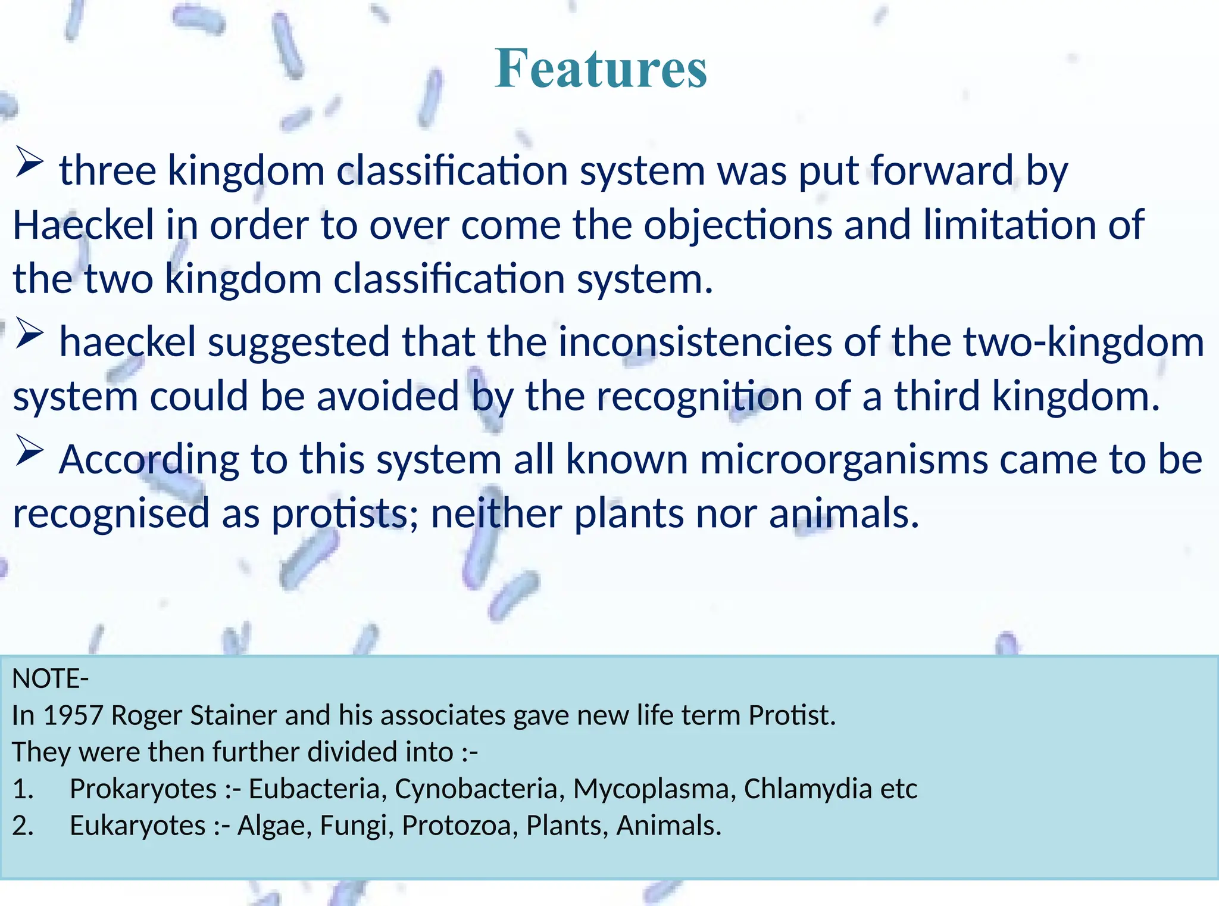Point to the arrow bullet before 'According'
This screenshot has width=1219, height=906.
pyautogui.click(x=29, y=451)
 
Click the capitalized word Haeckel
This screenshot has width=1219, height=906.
pyautogui.click(x=83, y=225)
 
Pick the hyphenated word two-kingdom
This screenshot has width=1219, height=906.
pyautogui.click(x=1083, y=343)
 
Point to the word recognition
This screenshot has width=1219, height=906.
pyautogui.click(x=699, y=397)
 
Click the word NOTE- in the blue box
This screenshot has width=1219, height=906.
pyautogui.click(x=51, y=679)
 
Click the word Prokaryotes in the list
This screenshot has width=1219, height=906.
pyautogui.click(x=143, y=789)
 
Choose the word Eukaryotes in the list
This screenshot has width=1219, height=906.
pyautogui.click(x=137, y=826)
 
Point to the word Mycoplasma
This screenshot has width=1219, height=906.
pyautogui.click(x=650, y=789)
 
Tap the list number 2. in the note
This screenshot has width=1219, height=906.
pyautogui.click(x=23, y=826)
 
